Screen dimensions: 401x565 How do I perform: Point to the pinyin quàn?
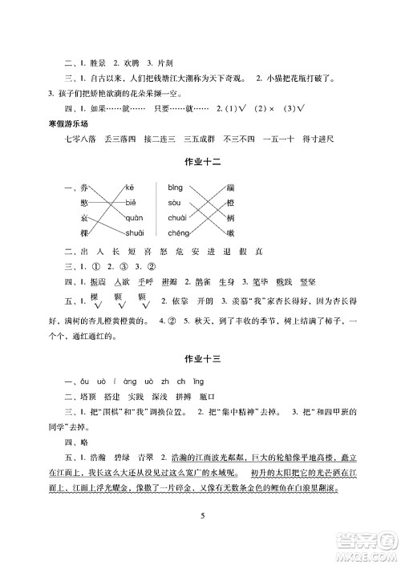tap(135, 217)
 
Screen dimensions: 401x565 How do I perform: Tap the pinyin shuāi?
tap(135, 232)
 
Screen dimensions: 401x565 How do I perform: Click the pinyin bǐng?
tap(176, 187)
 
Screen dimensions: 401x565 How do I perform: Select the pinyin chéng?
tap(178, 232)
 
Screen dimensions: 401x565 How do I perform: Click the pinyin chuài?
tap(177, 217)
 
